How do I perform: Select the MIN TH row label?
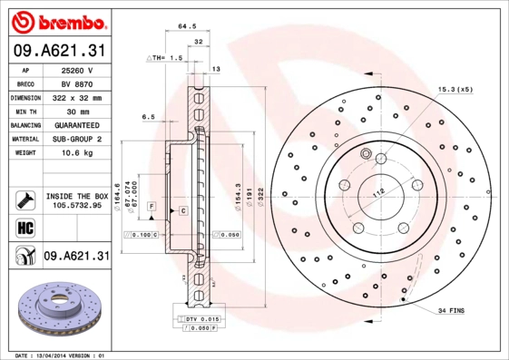[24, 110]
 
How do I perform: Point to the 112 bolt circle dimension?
[378, 190]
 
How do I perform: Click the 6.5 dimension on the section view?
[149, 117]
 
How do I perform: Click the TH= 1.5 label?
[167, 57]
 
